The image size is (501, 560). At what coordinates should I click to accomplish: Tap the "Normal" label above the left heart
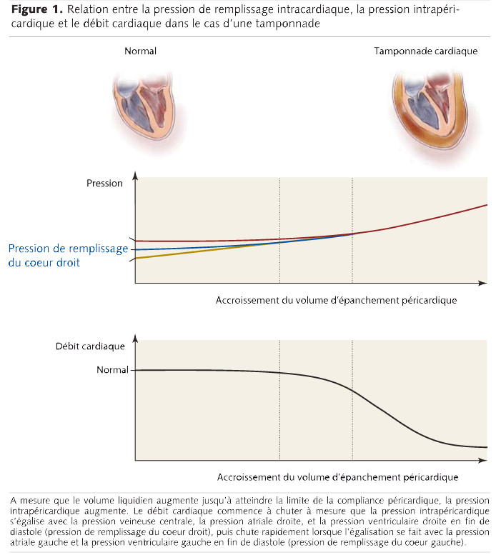click(140, 51)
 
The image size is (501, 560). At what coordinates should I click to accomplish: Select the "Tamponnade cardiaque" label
click(425, 51)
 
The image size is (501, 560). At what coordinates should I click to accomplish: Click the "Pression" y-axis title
click(104, 184)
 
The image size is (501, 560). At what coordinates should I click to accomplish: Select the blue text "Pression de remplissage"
click(68, 249)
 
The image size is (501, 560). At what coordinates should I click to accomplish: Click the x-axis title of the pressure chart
click(336, 301)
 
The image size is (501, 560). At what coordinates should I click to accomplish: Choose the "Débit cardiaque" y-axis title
click(90, 346)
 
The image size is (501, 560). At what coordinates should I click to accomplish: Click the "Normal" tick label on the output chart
click(112, 370)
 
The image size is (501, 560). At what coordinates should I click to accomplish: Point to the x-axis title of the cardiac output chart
click(337, 476)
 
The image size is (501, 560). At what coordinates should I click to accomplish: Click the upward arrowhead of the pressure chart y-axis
click(135, 176)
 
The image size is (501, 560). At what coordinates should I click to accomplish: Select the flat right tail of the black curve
click(475, 446)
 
